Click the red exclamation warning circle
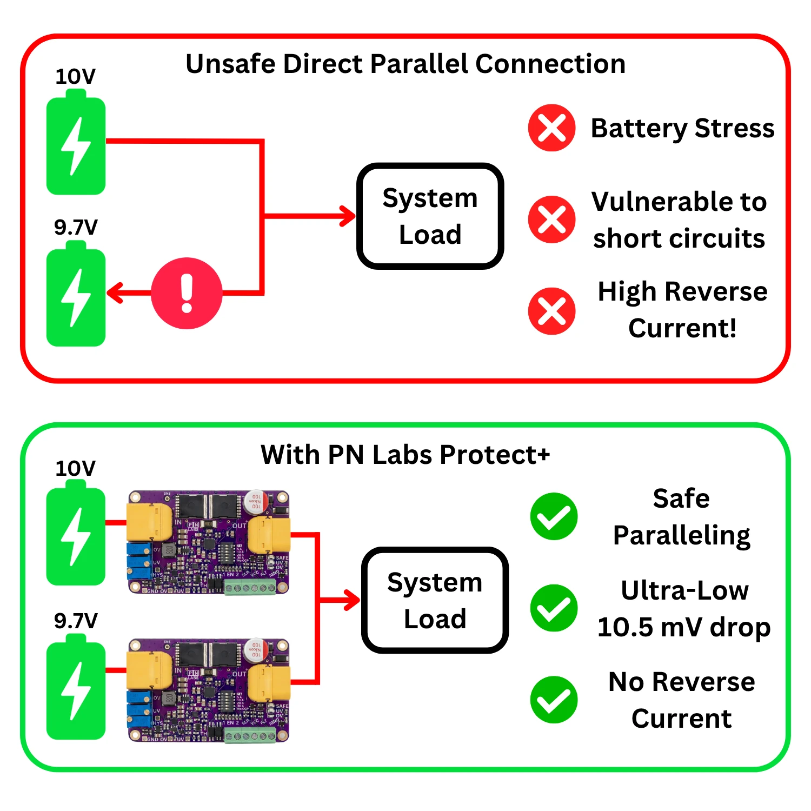(187, 293)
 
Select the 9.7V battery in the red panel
(76, 296)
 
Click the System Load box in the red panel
(430, 216)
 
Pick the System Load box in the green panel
(435, 600)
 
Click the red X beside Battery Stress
(551, 128)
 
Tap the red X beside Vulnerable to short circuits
(551, 220)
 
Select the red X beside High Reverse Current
(551, 311)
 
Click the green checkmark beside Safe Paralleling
(554, 516)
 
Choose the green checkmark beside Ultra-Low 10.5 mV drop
(554, 608)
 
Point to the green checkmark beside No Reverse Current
(554, 700)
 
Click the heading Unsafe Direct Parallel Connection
(405, 64)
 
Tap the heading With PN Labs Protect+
(405, 454)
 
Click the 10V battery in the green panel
(76, 535)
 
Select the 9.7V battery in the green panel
(76, 689)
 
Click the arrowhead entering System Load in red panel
(348, 216)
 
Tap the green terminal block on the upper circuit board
(250, 588)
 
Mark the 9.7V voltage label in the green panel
(76, 621)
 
